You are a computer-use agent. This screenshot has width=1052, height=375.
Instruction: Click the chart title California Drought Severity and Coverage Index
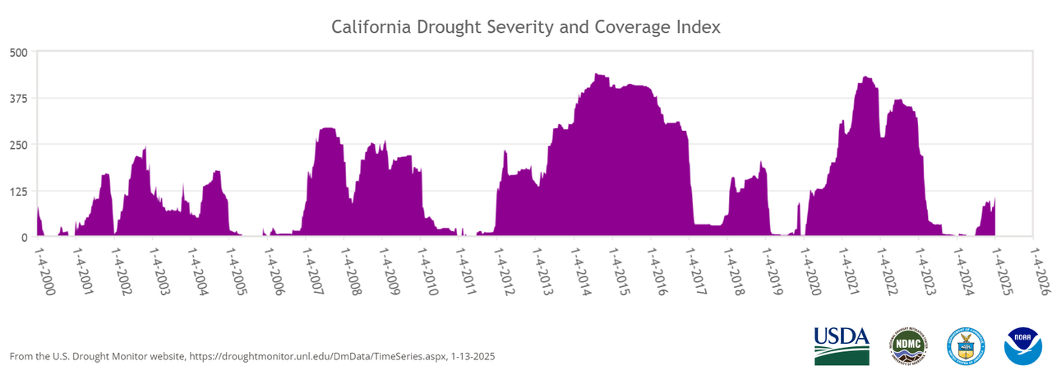(526, 27)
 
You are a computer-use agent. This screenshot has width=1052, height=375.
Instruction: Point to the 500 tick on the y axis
(18, 52)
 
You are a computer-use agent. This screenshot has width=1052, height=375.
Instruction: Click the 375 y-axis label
(18, 99)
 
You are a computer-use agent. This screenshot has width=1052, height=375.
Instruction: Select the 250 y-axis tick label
(18, 145)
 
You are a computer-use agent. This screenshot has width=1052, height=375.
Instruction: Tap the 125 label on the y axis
(18, 191)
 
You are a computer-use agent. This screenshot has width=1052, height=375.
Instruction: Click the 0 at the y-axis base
(25, 237)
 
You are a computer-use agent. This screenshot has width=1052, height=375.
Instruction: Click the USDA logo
(841, 345)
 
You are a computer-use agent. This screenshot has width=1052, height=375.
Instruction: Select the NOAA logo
(1022, 345)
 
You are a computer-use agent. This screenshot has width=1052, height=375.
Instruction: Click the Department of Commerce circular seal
(965, 345)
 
